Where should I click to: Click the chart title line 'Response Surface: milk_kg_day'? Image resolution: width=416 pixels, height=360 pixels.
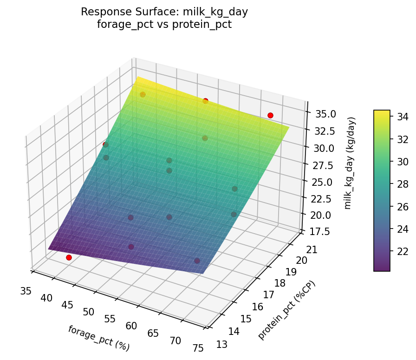pos(164,12)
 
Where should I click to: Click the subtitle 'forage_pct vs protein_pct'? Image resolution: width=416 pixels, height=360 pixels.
pos(164,24)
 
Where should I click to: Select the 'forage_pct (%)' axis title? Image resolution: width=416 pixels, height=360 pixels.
pos(98,338)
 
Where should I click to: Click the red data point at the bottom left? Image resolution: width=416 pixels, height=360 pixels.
pos(69,257)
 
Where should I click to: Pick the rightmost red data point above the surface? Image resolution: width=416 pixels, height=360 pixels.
pos(270,115)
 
